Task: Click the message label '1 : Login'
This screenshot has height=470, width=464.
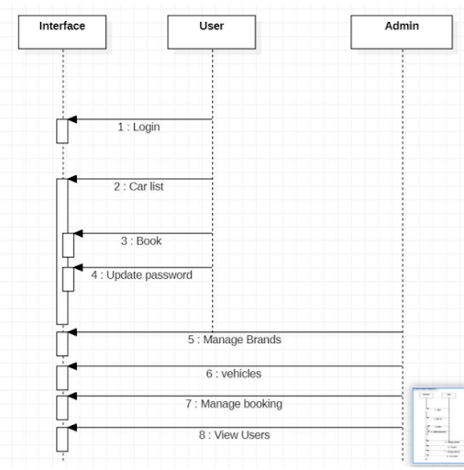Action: [138, 128]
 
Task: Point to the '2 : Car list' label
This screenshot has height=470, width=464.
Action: [138, 186]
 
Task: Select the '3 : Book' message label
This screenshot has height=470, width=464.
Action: [141, 241]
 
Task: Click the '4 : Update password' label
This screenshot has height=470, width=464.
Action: [141, 274]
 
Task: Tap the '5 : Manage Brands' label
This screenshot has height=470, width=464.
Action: [235, 340]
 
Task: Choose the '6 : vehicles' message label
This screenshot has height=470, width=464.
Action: [235, 374]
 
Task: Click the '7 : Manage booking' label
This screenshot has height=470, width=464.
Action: [235, 404]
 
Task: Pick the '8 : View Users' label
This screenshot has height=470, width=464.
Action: [235, 435]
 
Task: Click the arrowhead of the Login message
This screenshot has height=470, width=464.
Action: [72, 119]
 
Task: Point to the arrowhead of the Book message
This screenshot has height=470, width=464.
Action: [79, 233]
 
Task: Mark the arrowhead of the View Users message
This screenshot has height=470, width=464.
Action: [72, 427]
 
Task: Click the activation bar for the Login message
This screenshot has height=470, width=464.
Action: [62, 131]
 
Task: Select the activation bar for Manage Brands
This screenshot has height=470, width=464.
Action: [62, 343]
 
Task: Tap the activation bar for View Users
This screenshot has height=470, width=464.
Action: [62, 439]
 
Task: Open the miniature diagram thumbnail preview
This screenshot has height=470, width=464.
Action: [438, 425]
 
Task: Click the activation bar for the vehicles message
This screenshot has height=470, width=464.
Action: [62, 377]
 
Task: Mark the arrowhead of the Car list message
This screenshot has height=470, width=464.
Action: [72, 179]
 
